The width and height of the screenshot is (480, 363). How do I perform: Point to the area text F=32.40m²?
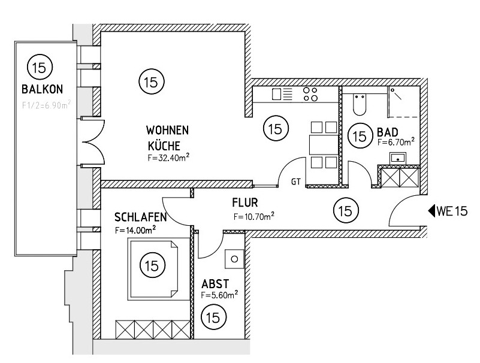[169, 159]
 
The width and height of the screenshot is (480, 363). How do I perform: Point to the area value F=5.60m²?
[219, 295]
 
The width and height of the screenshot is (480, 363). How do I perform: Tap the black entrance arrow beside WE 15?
[431, 211]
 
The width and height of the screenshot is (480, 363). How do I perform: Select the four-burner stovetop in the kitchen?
[310, 94]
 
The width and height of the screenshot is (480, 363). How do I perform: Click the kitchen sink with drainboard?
[282, 94]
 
